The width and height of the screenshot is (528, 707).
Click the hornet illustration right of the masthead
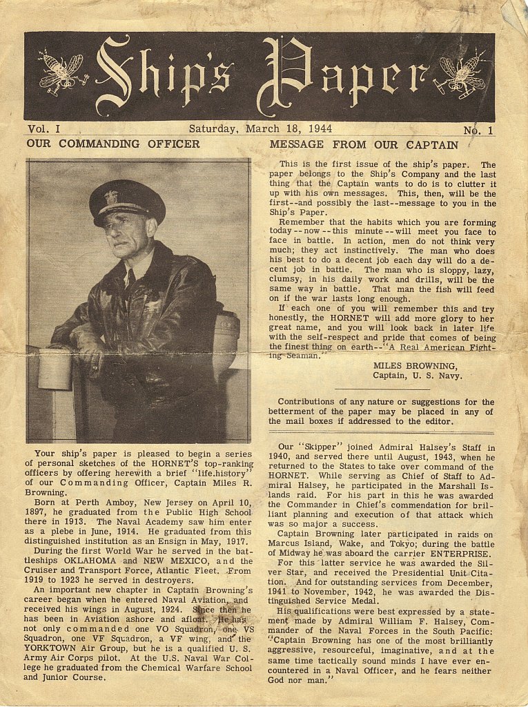click(x=462, y=75)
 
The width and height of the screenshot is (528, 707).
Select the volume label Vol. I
click(x=44, y=129)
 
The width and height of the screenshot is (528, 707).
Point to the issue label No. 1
click(x=478, y=130)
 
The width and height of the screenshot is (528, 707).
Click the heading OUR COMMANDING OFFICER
click(x=113, y=144)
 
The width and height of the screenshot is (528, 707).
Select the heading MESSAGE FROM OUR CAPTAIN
click(x=364, y=145)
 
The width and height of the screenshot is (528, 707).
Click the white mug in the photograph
click(x=55, y=369)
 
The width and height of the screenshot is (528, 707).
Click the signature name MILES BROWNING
click(x=414, y=365)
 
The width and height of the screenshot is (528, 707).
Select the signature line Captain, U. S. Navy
click(x=418, y=376)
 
